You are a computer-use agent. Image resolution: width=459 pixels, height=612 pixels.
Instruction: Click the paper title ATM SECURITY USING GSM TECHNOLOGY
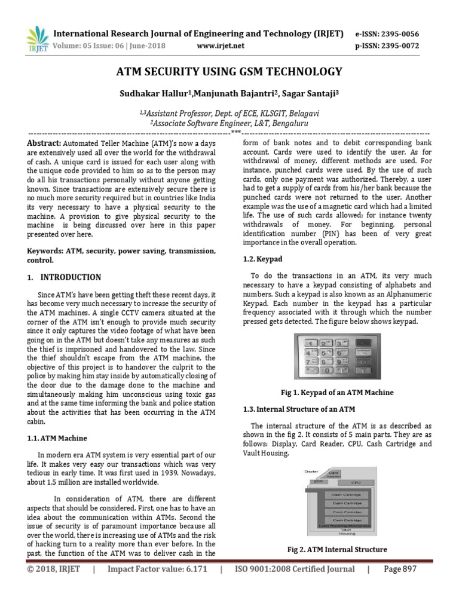[229, 72]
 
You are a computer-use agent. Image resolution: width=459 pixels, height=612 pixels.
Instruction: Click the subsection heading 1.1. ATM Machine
[59, 438]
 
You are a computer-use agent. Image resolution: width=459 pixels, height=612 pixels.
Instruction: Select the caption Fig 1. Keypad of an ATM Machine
[337, 393]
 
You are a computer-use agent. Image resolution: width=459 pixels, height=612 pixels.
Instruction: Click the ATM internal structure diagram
[337, 501]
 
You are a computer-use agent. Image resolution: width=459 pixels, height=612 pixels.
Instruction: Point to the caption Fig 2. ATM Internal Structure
[337, 549]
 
